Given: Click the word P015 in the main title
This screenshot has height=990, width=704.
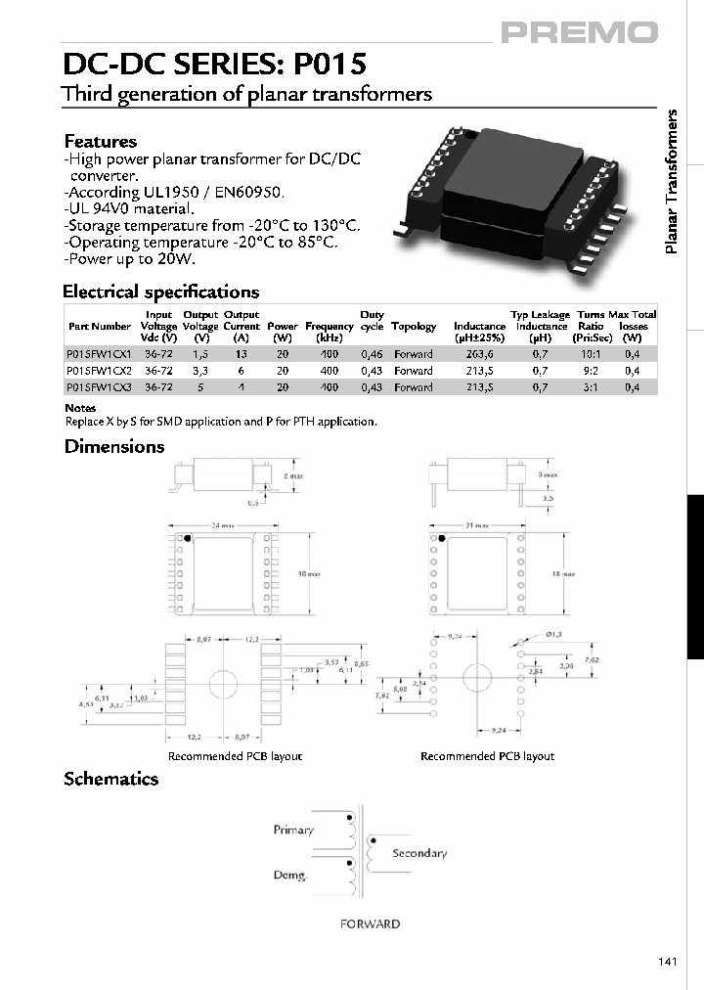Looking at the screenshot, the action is coord(325,65).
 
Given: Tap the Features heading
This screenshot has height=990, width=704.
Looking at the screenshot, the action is coord(100,142).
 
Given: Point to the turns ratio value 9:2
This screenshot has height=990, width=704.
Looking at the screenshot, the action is coord(590,372).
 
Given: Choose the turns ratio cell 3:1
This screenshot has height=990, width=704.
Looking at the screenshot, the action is coord(590,387).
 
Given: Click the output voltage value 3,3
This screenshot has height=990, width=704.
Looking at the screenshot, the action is coord(200,372).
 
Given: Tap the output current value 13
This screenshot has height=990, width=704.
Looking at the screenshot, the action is coord(241,355).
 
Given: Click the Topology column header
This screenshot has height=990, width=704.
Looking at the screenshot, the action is coord(413,327).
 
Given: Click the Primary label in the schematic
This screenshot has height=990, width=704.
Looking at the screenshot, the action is coord(293,830).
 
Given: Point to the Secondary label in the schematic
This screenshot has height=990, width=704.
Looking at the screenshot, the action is coord(419,853).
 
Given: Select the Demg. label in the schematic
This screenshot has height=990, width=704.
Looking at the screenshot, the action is coord(289,876).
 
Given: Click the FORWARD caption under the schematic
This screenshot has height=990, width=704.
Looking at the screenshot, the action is coord(370,923).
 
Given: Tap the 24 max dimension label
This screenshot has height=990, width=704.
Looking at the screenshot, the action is coord(223,525).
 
